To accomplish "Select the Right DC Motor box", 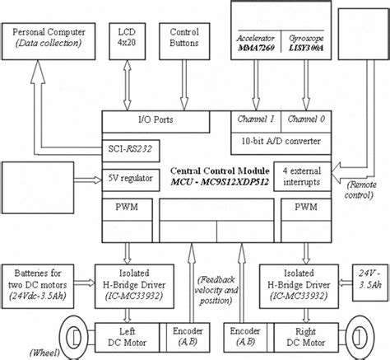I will [x=306, y=336].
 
